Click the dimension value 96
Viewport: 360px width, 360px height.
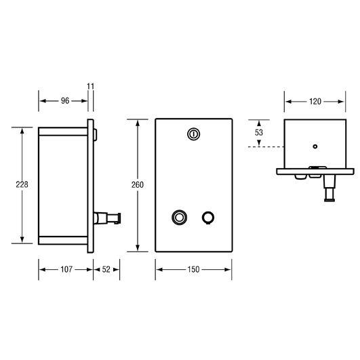[x=65, y=101]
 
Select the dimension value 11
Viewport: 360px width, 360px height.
[x=90, y=86]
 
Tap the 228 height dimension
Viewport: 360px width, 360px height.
[x=22, y=184]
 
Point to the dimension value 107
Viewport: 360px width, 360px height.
[x=66, y=269]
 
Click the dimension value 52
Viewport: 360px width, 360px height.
[x=106, y=269]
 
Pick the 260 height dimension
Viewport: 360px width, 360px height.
[x=138, y=185]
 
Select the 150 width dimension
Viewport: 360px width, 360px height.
[x=193, y=269]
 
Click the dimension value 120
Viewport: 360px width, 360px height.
[x=315, y=102]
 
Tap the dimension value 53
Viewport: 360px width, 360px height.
[x=259, y=132]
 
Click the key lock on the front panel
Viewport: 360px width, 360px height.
[x=193, y=134]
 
